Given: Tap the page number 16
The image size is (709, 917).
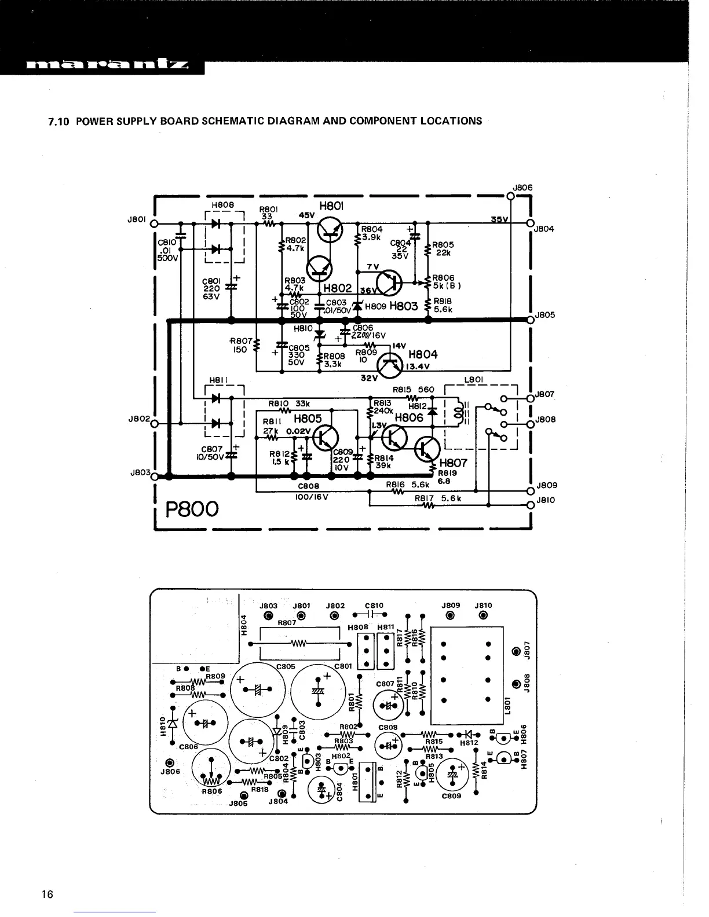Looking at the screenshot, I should [47, 894].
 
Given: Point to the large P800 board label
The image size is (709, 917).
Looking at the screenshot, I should [192, 509].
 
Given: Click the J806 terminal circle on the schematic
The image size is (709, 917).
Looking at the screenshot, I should [510, 196].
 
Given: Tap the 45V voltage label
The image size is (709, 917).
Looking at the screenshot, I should [306, 215].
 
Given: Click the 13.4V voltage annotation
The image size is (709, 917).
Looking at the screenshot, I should [417, 366].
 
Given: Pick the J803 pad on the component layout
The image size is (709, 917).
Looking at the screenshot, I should [268, 615].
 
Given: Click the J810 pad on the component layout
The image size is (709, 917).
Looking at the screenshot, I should [483, 615].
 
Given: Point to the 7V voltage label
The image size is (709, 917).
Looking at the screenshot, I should [373, 267].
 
